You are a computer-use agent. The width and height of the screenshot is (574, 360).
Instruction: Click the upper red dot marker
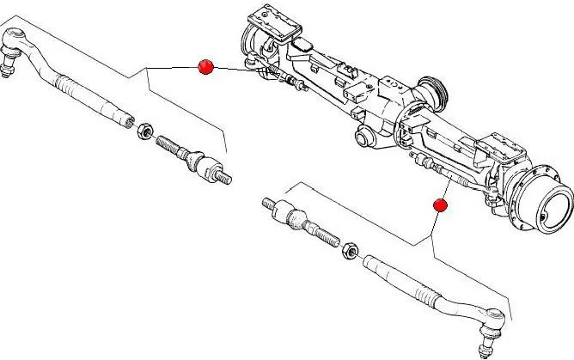205,67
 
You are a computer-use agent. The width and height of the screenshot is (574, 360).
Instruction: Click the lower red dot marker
440,205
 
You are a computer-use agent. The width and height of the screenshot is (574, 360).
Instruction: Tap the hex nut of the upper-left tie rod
146,131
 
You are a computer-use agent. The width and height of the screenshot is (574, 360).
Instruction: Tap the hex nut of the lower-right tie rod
350,251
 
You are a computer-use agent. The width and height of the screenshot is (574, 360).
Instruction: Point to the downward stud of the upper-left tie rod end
7,70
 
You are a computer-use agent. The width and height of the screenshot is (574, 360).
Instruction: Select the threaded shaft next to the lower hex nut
321,234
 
